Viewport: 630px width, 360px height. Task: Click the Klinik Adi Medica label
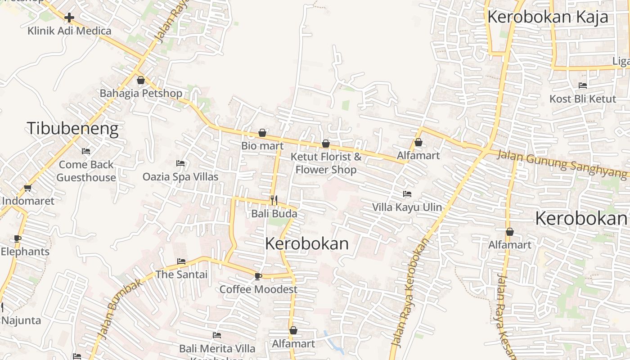coord(69,31)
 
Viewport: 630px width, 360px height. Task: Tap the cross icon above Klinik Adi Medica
coord(69,18)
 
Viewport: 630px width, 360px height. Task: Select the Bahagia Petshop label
coord(141,94)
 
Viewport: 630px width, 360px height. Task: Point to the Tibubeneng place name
coord(73,129)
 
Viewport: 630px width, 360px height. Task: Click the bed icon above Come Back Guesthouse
coord(86,151)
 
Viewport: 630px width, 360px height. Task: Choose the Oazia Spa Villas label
coord(180,177)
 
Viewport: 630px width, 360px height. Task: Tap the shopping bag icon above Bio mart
coord(262,133)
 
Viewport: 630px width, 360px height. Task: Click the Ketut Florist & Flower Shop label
coord(326,163)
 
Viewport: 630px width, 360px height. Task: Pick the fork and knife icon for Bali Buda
coord(273,200)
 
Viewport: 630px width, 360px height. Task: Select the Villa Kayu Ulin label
coord(407,207)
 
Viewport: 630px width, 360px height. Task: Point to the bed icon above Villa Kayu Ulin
coord(407,194)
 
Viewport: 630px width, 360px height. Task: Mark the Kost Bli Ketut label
coord(582,99)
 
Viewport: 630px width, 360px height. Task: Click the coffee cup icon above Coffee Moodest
coord(258,276)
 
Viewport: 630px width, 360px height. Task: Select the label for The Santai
coord(181,274)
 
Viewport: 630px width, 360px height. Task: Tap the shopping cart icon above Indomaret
coord(28,188)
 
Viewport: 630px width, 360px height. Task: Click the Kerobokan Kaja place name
coord(548,17)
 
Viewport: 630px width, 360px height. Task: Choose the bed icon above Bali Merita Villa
coord(216,335)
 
